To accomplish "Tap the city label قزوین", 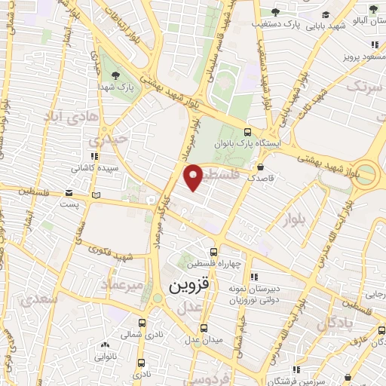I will click(x=185, y=287).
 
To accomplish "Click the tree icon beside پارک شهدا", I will click(x=115, y=75).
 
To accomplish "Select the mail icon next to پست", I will click(x=69, y=192).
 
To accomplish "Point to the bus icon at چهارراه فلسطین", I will click(x=214, y=252).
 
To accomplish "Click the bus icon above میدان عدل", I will click(x=204, y=328).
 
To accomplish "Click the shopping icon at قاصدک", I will click(x=261, y=167).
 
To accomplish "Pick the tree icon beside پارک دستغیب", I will click(x=274, y=12).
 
